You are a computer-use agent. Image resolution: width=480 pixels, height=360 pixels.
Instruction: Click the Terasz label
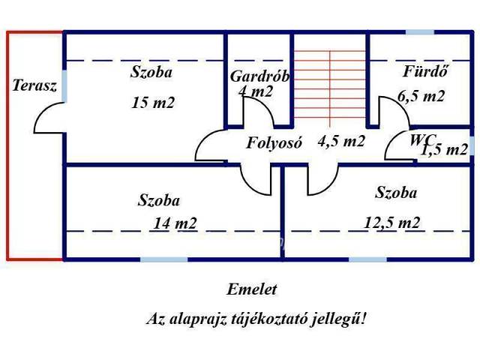(34, 85)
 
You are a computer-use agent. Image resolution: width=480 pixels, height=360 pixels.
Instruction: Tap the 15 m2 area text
(152, 103)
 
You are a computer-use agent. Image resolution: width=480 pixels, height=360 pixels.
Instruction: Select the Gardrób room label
(259, 76)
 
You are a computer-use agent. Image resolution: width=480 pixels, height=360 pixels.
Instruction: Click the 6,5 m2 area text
(421, 96)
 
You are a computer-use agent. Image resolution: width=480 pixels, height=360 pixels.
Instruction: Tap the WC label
(420, 139)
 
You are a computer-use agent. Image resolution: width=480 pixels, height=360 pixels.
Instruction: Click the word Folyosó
(274, 143)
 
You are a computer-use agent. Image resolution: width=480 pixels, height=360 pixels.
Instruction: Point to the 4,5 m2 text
(341, 142)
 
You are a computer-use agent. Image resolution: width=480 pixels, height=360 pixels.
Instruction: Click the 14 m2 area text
(175, 223)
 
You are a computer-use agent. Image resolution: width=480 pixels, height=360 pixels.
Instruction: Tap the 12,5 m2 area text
(391, 222)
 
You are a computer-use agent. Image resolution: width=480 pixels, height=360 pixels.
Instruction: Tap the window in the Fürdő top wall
(419, 32)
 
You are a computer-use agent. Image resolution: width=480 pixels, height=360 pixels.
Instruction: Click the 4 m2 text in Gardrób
(256, 92)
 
